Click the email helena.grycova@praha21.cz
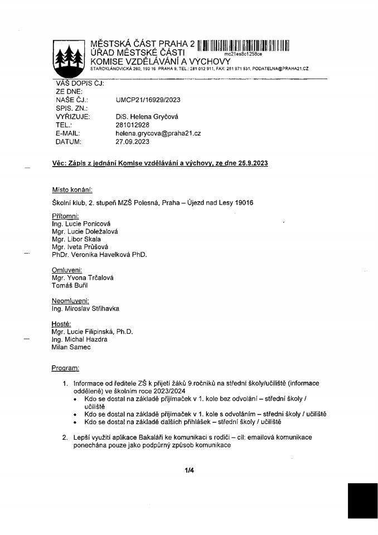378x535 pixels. [158, 134]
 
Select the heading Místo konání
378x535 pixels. [72, 189]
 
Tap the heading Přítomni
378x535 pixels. [65, 216]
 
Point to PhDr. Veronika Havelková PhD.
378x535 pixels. [100, 255]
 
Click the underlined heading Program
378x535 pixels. [65, 368]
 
